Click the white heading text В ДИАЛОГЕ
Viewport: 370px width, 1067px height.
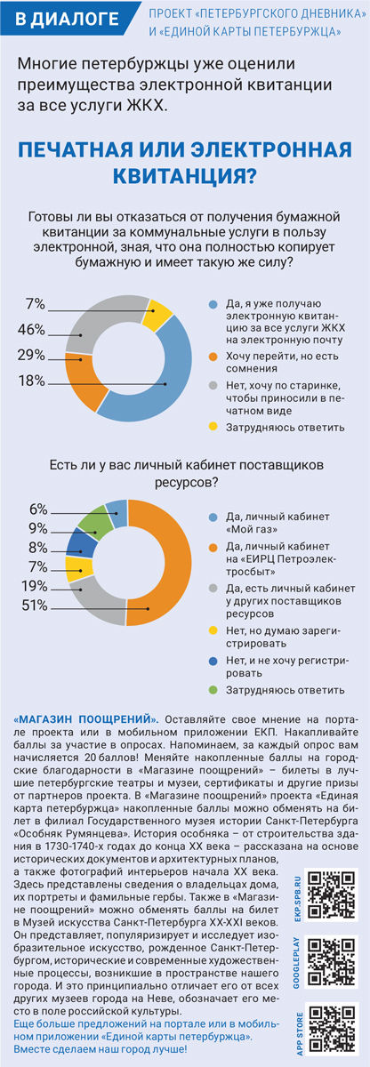(x=67, y=19)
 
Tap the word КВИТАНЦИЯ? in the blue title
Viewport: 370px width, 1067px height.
(x=185, y=175)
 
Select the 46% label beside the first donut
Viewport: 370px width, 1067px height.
(x=31, y=330)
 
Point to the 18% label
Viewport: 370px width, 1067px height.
(x=31, y=381)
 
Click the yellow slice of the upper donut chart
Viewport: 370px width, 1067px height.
(x=157, y=316)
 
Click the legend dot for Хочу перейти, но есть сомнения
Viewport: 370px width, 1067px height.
(x=213, y=357)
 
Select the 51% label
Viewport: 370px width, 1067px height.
(x=35, y=606)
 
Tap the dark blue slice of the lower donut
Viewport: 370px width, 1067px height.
(x=82, y=542)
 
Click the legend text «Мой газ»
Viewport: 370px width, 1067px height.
(x=252, y=529)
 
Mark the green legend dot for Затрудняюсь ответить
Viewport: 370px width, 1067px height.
(x=213, y=690)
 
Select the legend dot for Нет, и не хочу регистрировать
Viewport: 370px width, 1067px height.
(x=213, y=661)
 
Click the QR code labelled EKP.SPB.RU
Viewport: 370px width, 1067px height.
(x=332, y=895)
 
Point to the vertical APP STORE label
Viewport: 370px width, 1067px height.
(x=300, y=1033)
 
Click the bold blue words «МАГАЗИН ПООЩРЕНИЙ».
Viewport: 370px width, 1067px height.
(x=85, y=718)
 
